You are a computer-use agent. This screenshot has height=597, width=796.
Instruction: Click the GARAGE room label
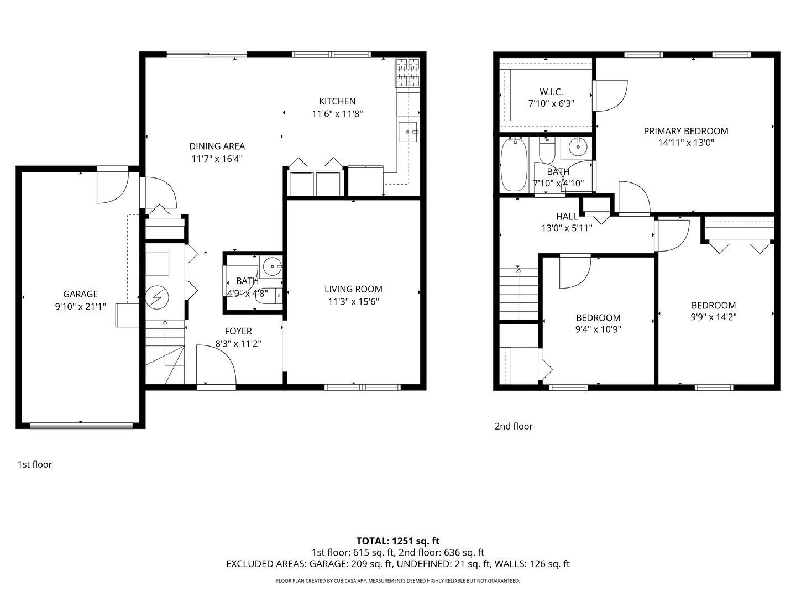(x=80, y=294)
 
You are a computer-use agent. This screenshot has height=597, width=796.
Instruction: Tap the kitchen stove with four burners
(x=407, y=72)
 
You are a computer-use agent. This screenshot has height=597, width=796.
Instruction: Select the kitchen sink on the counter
(x=409, y=132)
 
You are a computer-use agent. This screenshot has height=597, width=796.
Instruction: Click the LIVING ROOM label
(x=353, y=289)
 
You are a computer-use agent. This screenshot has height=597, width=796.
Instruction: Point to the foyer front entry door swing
(x=216, y=368)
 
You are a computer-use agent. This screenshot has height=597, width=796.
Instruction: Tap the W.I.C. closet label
(x=551, y=92)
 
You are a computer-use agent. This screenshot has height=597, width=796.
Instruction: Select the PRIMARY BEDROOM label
(x=685, y=131)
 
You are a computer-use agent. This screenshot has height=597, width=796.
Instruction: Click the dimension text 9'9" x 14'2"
(x=714, y=317)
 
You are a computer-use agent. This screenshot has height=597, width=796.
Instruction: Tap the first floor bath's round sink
(x=272, y=267)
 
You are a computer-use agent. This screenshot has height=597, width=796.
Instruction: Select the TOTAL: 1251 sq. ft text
(x=397, y=541)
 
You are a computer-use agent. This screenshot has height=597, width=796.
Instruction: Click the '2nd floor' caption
(x=514, y=426)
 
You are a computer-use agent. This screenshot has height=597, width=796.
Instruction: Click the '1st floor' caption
(x=35, y=464)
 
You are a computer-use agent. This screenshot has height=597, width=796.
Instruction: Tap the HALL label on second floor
(x=567, y=217)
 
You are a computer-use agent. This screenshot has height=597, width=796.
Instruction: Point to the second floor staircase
(x=519, y=294)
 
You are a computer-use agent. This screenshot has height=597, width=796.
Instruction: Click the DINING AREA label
(x=217, y=146)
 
